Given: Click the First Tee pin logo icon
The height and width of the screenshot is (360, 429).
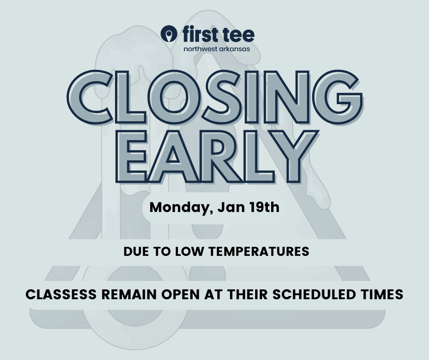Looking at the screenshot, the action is [x=169, y=34].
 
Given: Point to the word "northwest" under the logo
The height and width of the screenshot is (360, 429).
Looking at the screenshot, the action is [x=200, y=49].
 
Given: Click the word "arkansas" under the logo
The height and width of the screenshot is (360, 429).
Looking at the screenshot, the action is [x=235, y=49].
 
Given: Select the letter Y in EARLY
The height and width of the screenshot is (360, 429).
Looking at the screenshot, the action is [x=293, y=156].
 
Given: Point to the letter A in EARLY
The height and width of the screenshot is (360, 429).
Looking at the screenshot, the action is [x=173, y=156].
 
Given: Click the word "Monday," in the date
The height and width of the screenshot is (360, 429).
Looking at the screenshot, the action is [x=179, y=207].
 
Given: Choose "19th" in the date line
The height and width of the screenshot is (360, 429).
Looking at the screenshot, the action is [x=264, y=207].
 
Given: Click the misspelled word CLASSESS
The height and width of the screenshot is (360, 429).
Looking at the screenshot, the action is [x=61, y=295].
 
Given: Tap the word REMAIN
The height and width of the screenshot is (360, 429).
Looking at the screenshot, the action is [x=129, y=295].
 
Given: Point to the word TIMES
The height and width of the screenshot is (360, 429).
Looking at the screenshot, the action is [x=382, y=295].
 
